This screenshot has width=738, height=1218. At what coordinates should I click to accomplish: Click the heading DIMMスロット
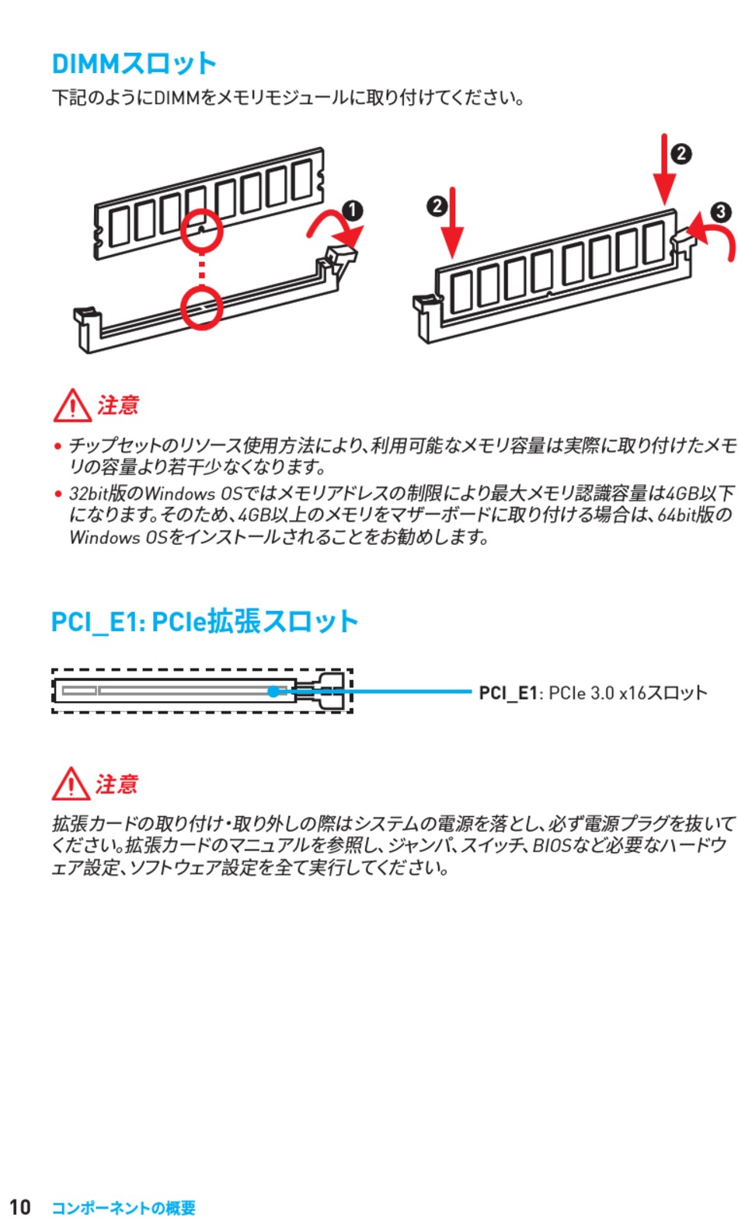tap(134, 64)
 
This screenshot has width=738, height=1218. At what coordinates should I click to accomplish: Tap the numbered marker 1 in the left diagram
tap(352, 211)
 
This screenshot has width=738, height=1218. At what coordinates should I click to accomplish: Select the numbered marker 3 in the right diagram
tap(721, 211)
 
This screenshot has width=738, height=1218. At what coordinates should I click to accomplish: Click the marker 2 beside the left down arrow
tap(437, 206)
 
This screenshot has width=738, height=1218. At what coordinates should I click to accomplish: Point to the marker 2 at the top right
tap(681, 154)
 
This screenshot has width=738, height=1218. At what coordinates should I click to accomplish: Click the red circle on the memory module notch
tap(202, 231)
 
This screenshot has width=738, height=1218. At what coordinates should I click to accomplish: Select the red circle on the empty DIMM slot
tap(202, 309)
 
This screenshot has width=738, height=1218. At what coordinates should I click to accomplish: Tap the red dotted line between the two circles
tap(202, 270)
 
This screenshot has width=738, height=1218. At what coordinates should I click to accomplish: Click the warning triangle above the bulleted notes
tap(72, 406)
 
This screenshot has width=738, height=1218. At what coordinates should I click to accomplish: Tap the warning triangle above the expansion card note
tap(71, 783)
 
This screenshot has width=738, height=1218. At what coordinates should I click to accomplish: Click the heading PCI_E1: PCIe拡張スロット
tap(204, 622)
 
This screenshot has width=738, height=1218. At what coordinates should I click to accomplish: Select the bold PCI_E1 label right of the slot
tap(507, 693)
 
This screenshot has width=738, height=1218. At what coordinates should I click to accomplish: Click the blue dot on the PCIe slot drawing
tap(273, 691)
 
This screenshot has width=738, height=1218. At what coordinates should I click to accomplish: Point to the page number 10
tap(20, 1206)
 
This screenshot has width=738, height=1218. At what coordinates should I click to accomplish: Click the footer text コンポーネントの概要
tap(124, 1208)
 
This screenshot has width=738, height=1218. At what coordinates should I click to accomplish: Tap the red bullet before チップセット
tap(57, 446)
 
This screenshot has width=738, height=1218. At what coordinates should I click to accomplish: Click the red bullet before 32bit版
tap(57, 494)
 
